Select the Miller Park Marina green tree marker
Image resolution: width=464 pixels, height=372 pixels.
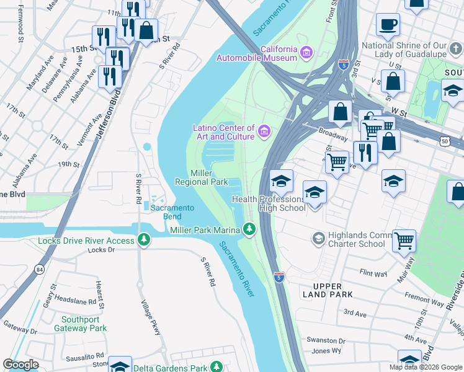tap(249, 230)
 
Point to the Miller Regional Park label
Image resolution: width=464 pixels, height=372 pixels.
tap(202, 177)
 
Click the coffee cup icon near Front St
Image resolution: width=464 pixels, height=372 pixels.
tap(388, 25)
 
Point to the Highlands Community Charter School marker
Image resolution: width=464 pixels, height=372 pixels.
tap(318, 239)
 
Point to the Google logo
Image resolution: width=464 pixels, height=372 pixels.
tap(20, 365)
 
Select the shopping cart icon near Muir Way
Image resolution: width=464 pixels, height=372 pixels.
tap(404, 240)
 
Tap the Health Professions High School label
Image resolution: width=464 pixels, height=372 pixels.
tap(269, 203)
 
